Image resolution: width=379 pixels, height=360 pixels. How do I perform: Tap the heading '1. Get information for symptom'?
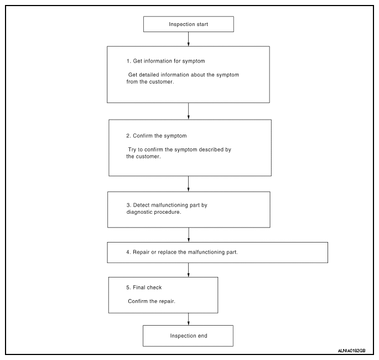166,61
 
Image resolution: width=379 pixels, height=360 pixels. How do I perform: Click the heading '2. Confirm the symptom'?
157,136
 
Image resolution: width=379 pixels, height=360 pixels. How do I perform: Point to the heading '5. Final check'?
144,287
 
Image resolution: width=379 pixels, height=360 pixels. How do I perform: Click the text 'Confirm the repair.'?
152,301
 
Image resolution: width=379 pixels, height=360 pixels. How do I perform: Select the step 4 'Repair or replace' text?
182,252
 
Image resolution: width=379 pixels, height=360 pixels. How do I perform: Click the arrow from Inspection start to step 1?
189,39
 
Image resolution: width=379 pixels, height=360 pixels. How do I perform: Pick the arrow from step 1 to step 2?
189,111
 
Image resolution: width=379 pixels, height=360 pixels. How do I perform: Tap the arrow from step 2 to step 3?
189,184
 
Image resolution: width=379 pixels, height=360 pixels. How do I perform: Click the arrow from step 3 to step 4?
189,235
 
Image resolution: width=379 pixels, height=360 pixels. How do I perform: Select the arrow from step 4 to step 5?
189,270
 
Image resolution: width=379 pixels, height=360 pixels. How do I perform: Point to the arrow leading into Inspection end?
189,319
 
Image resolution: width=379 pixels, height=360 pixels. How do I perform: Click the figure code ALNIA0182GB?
351,351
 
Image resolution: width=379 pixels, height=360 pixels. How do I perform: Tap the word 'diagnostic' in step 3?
139,212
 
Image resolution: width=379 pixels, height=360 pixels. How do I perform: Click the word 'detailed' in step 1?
149,75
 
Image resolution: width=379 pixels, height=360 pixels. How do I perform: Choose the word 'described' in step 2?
211,150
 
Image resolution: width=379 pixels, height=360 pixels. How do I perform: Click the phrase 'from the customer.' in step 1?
150,82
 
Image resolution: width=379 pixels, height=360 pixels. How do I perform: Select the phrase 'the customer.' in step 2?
143,157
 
